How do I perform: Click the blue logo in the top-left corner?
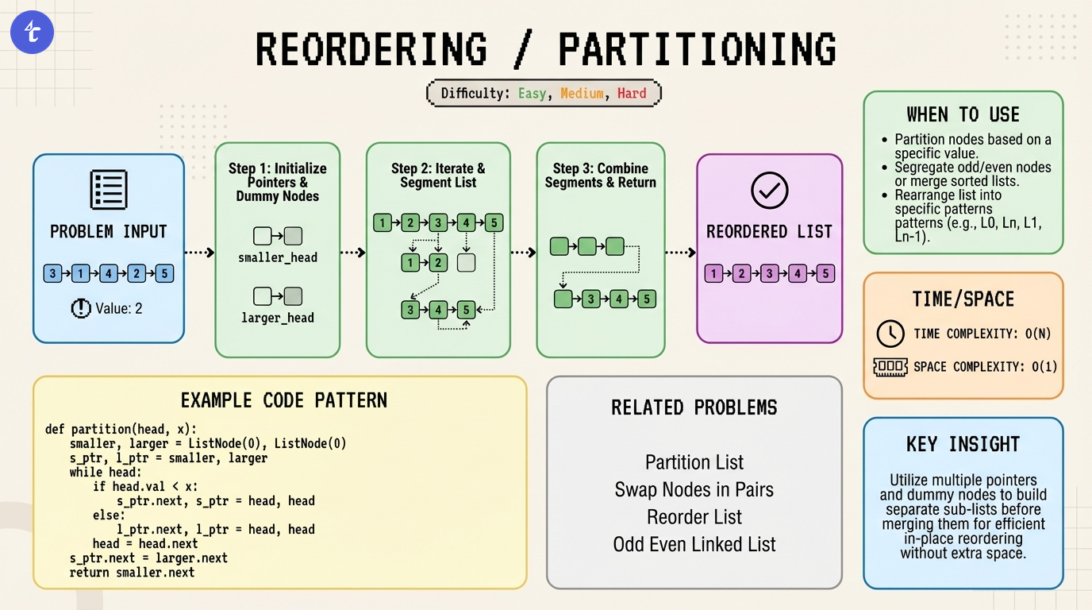[33, 33]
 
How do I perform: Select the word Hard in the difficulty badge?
[632, 93]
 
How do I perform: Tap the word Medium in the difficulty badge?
[582, 93]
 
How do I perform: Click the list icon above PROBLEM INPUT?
[109, 190]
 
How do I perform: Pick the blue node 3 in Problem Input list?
[53, 274]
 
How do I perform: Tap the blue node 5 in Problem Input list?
[164, 274]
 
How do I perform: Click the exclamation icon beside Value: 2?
[82, 308]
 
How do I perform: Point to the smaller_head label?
[278, 257]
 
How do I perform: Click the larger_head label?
[278, 318]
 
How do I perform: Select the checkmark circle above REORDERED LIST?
[769, 191]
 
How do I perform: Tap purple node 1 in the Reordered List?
[714, 274]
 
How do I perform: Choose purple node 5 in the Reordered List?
[825, 274]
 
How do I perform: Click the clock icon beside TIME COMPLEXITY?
[890, 334]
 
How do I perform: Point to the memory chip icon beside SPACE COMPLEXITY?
[890, 367]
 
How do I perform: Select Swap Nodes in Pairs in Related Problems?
[694, 489]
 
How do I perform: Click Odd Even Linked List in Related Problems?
[694, 545]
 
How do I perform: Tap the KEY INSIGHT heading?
[963, 444]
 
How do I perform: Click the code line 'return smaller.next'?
[132, 572]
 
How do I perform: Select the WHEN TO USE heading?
[963, 114]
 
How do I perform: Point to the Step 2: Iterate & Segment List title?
[438, 176]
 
